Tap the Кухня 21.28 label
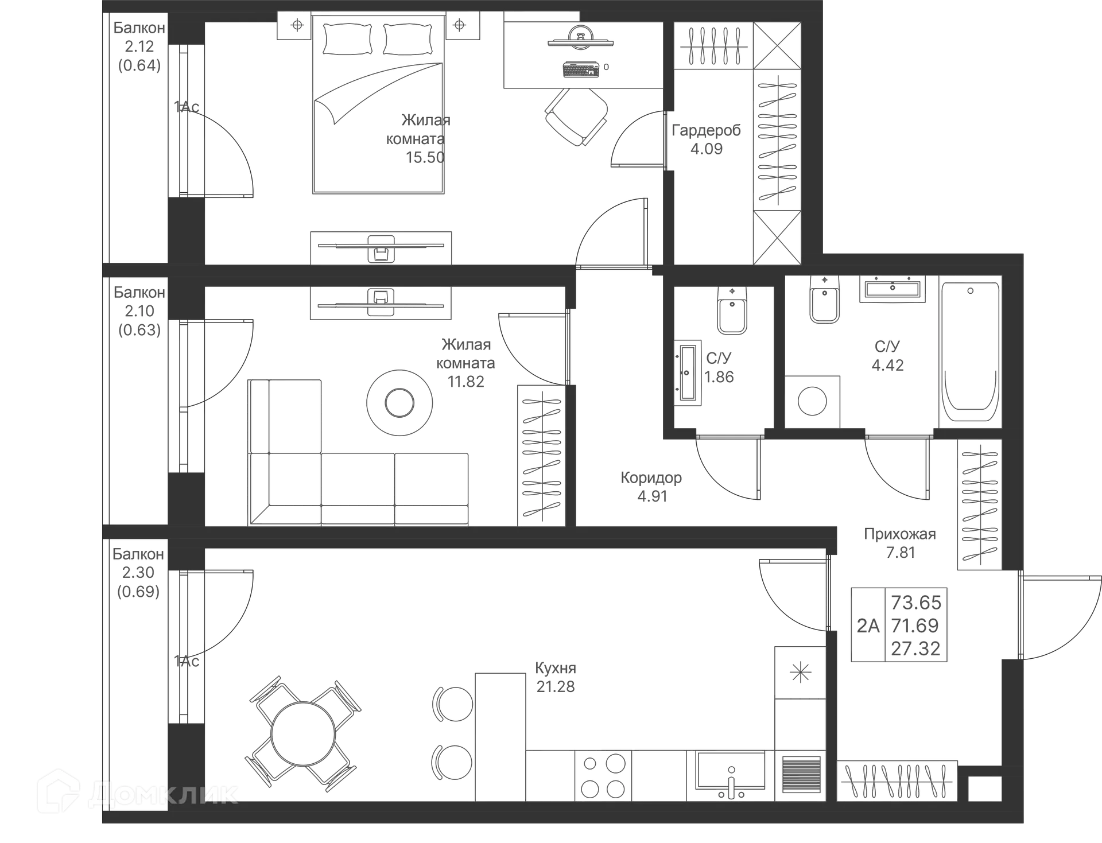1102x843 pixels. coord(554,677)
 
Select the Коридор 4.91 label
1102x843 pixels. coord(652,486)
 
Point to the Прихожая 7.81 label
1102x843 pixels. coord(900,543)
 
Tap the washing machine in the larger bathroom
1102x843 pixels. coord(813,401)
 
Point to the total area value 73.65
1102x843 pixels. coord(917,602)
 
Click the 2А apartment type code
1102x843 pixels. coord(868,624)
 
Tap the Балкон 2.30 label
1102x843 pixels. coord(138,572)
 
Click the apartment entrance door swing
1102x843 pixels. coord(1059,617)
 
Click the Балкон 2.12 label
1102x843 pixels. coord(138,46)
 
